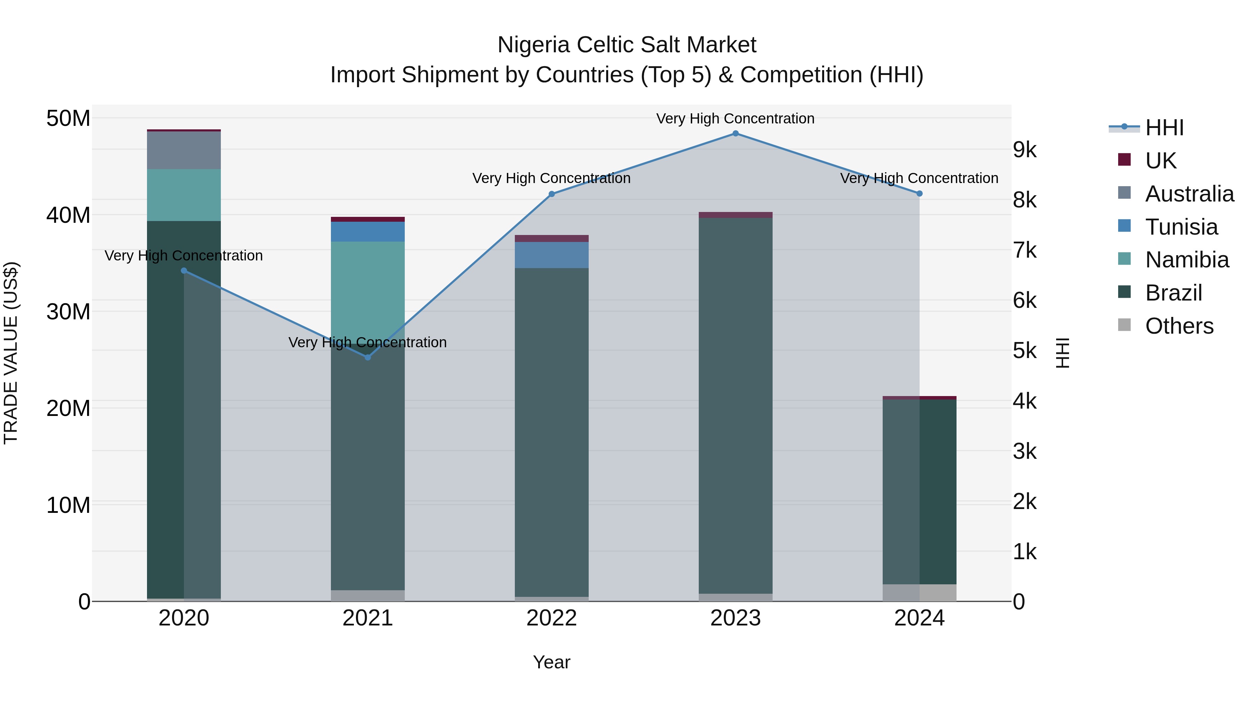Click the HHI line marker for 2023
tap(735, 134)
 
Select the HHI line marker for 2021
tap(367, 357)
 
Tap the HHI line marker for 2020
tap(184, 271)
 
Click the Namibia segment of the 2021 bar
tap(367, 288)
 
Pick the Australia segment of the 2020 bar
tap(184, 150)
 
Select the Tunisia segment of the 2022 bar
tap(551, 255)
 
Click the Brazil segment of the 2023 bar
tap(735, 404)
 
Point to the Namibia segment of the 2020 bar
tap(184, 195)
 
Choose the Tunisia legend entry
tap(1181, 227)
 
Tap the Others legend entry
tap(1178, 326)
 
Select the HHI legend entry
tap(1163, 128)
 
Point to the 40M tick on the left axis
tap(68, 215)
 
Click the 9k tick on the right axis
tap(1025, 150)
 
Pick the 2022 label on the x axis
tap(551, 618)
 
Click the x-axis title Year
tap(551, 662)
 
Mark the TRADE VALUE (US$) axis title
tap(11, 353)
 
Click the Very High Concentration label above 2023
tap(735, 119)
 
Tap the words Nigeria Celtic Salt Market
tap(627, 45)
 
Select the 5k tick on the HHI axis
tap(1025, 350)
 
